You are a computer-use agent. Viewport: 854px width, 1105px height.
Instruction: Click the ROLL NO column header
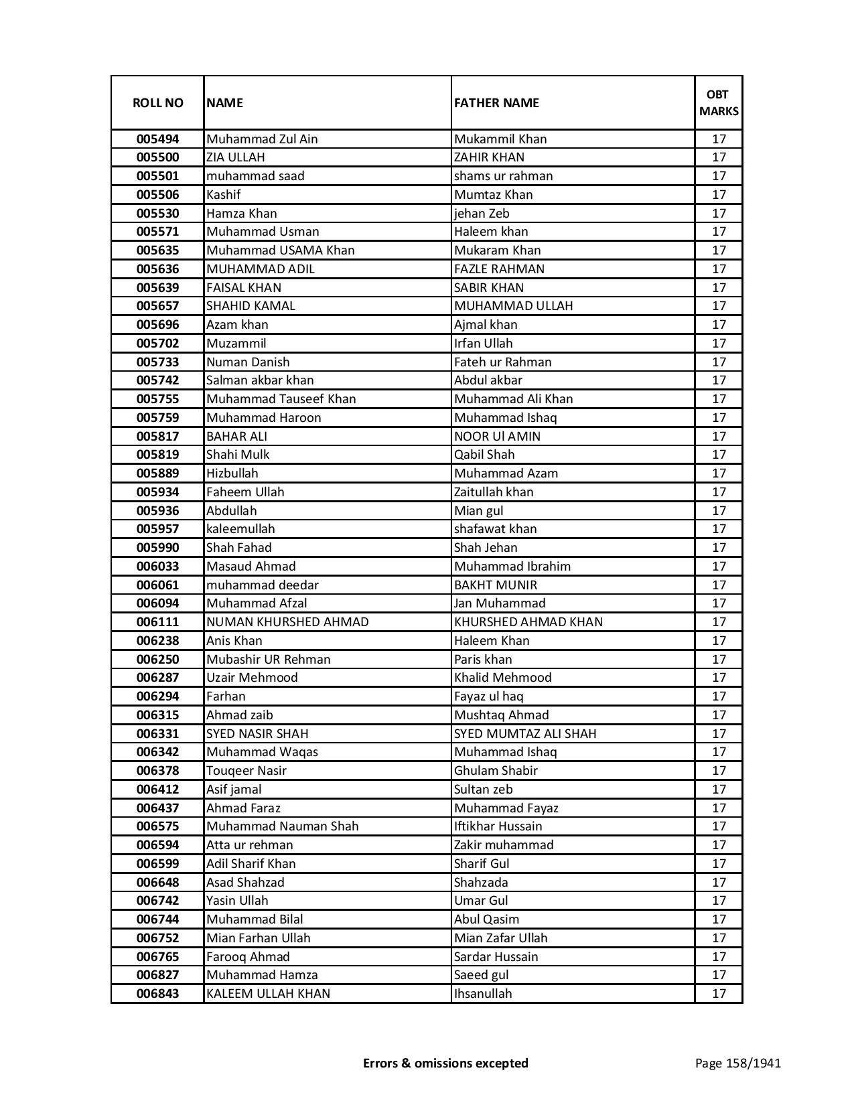157,102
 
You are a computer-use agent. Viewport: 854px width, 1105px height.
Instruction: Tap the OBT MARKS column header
719,102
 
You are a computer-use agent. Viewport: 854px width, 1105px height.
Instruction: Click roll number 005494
157,139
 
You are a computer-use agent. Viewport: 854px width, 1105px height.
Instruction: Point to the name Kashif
224,195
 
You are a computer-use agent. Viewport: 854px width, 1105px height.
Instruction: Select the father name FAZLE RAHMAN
499,269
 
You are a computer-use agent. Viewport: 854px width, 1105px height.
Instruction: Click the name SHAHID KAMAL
251,306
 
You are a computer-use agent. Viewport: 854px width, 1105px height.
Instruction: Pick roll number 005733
157,362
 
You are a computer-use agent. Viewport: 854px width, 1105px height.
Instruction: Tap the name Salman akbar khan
260,380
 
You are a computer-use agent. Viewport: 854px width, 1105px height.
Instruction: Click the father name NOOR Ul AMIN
497,437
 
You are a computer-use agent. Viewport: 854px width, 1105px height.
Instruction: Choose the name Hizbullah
232,473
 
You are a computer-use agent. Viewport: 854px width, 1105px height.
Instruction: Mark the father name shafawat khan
495,529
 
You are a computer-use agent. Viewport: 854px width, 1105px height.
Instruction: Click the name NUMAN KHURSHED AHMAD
287,622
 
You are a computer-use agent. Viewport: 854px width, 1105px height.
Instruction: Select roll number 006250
157,660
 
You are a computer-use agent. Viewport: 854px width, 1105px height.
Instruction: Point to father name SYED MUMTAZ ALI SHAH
525,734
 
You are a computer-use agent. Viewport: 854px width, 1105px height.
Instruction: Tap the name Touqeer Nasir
246,771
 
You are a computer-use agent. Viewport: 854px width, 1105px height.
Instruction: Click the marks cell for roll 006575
719,826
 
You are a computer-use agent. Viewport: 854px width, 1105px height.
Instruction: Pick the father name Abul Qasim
486,919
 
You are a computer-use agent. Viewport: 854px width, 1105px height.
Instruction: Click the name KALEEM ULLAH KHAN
268,994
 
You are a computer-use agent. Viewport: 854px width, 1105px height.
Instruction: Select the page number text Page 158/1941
737,1063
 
